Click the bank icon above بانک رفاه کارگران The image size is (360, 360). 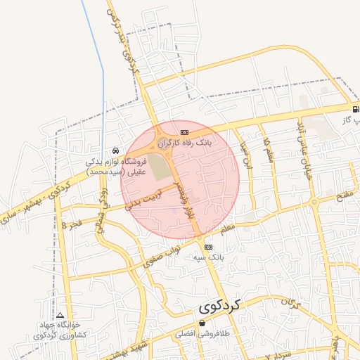coord(184,131)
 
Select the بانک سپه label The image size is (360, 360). coord(209,258)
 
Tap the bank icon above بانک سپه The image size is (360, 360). coord(209,247)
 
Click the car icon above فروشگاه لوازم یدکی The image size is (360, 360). coord(115,150)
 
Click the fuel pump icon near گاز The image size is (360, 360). coord(356,109)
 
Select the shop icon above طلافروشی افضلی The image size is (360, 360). coord(202,324)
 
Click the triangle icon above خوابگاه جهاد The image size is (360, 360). coord(60,316)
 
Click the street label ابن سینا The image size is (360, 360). coord(246,154)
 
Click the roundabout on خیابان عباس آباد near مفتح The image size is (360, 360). coord(314,202)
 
